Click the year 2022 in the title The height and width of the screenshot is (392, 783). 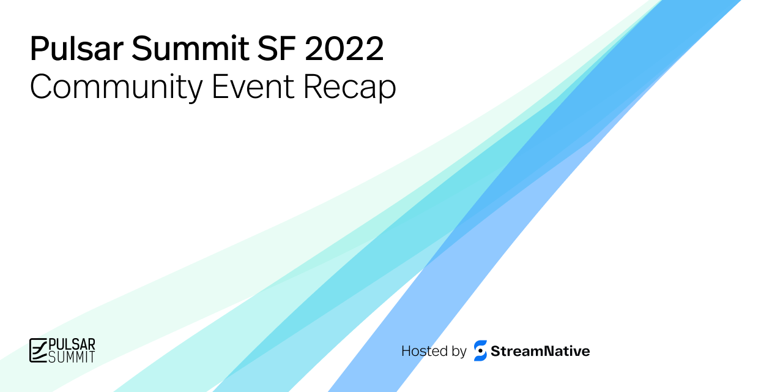(x=344, y=49)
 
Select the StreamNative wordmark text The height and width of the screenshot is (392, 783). (x=540, y=351)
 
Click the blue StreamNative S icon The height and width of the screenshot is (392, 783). (x=480, y=351)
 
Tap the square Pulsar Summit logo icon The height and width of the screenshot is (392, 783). (x=38, y=350)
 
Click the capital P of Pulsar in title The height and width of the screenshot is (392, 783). (x=38, y=49)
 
